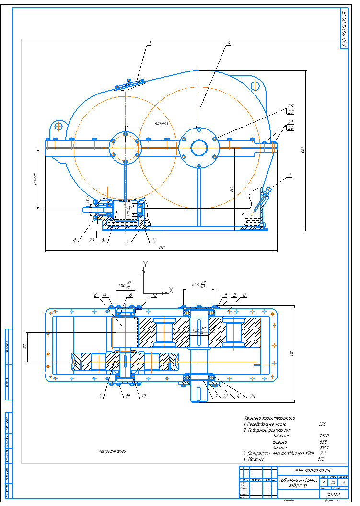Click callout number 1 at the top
click(x=150, y=43)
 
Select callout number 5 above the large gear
click(x=229, y=43)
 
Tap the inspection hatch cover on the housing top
click(x=130, y=84)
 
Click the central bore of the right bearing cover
click(x=199, y=147)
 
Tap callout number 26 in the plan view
click(x=252, y=397)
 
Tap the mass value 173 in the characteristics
click(x=321, y=459)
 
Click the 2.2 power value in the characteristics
click(x=323, y=453)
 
